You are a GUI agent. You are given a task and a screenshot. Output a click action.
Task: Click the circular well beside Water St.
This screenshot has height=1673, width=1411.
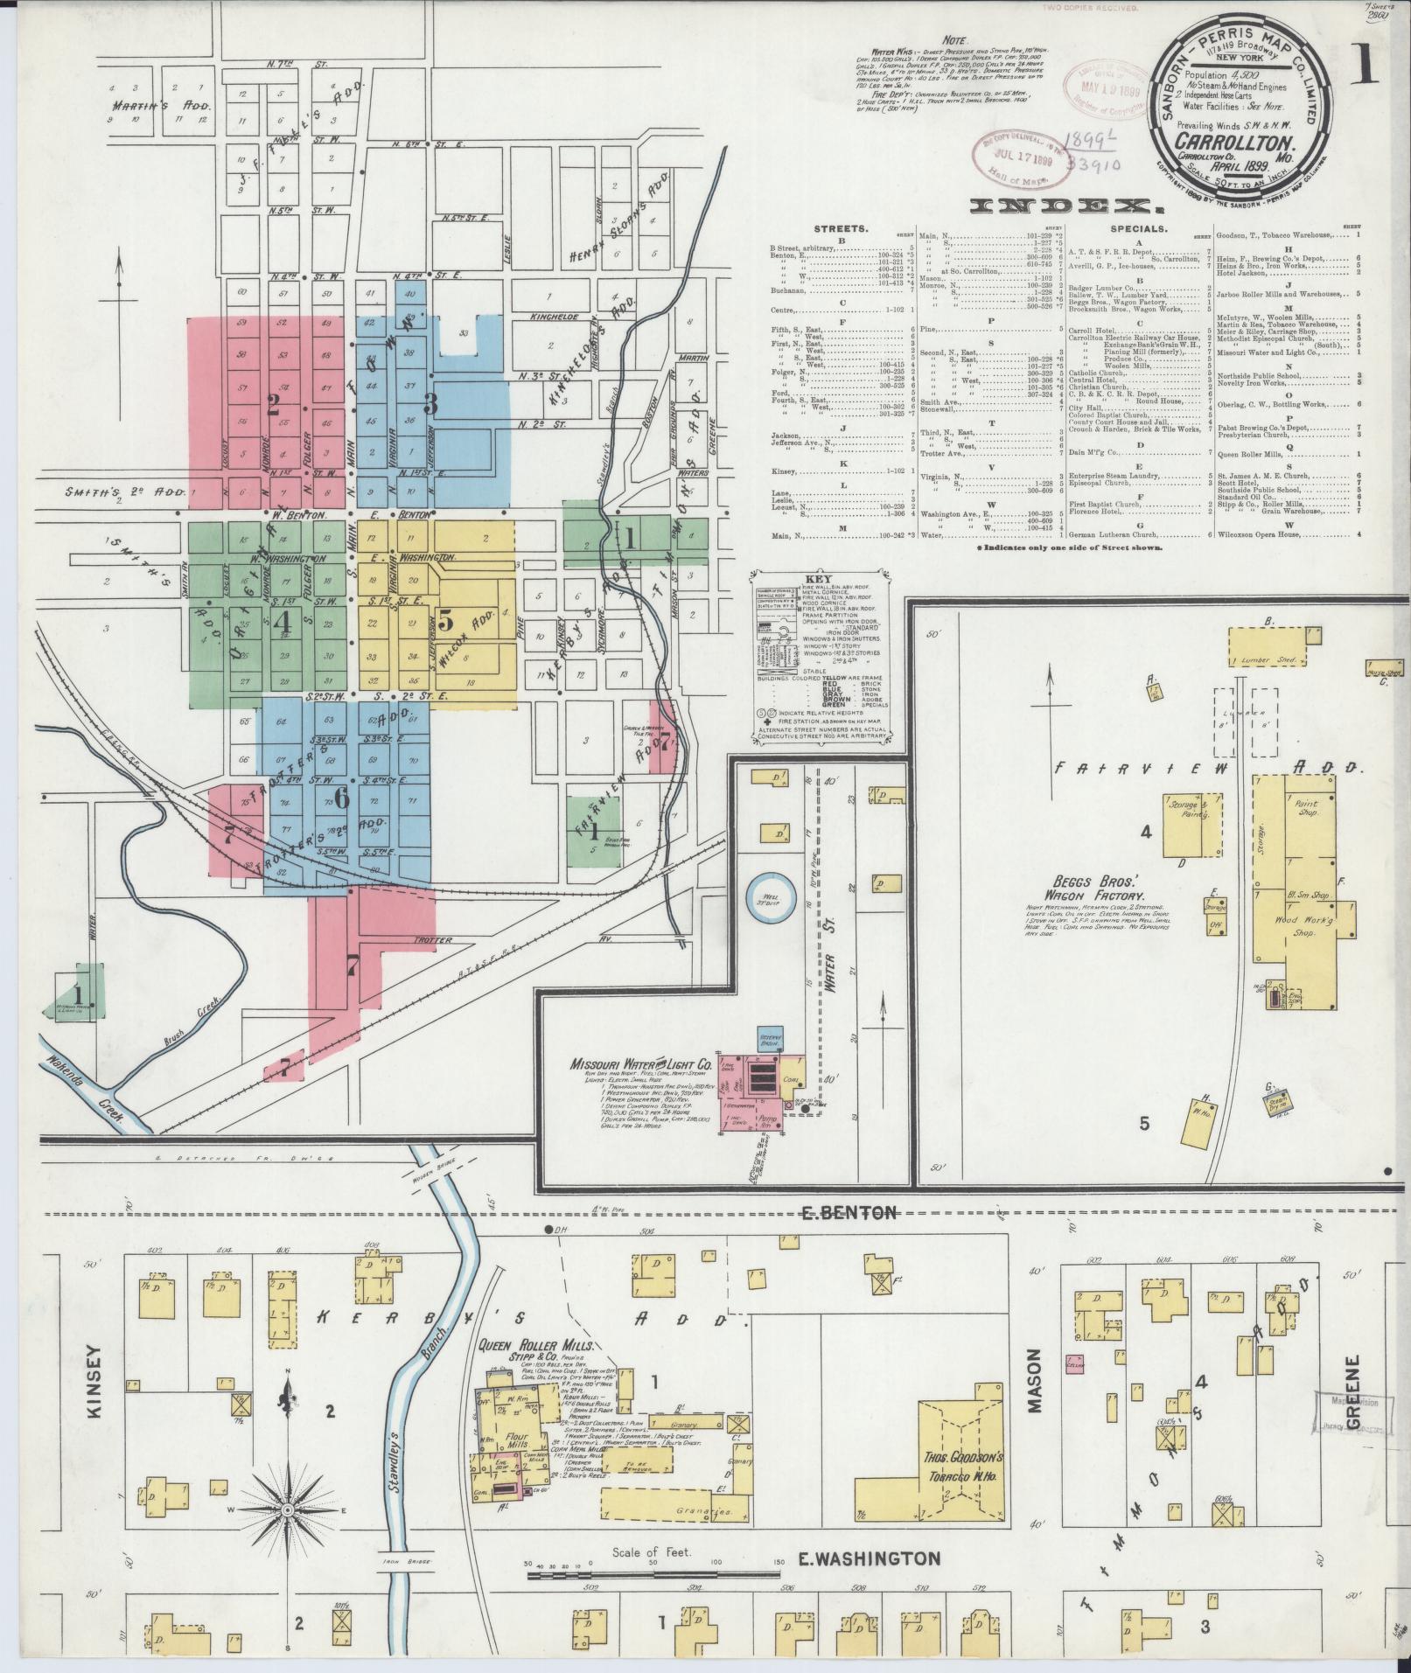771,899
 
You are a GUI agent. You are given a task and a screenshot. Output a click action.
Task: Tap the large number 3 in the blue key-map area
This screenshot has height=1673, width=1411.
430,403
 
